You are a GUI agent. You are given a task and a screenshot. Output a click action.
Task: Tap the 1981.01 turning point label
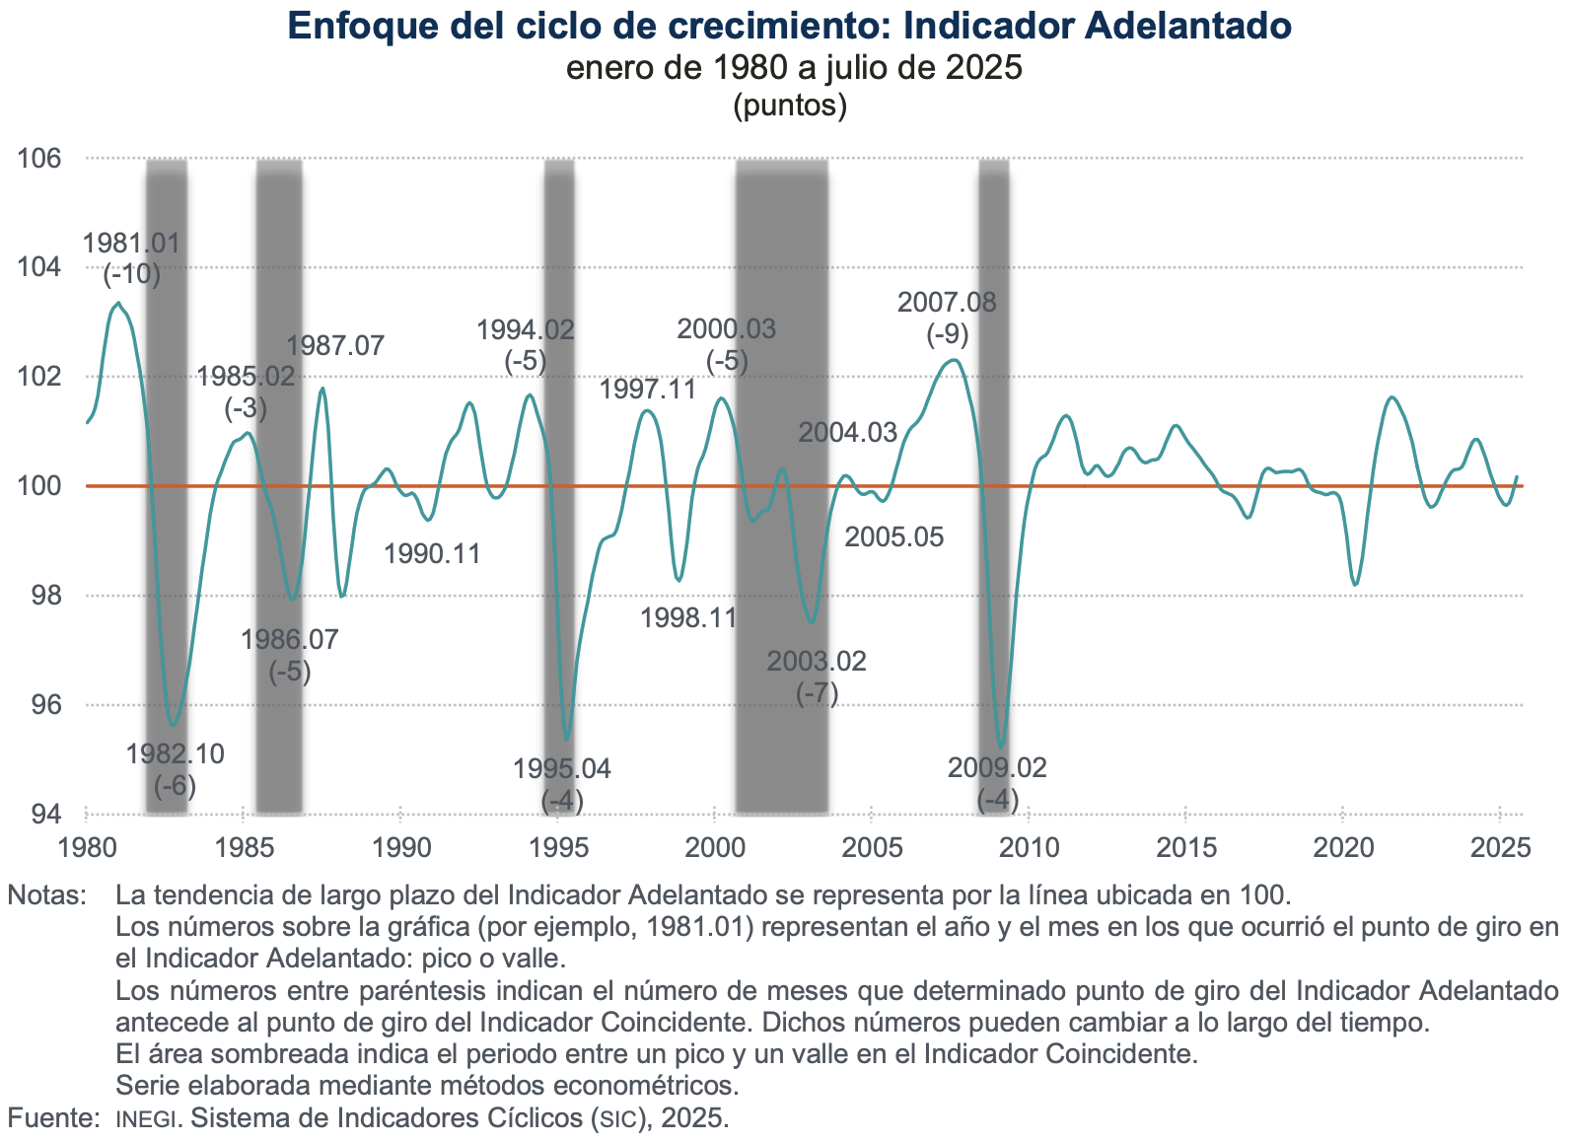click(131, 244)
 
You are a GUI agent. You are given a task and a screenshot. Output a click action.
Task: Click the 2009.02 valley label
click(997, 768)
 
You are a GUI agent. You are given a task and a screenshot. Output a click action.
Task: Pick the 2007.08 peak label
click(947, 303)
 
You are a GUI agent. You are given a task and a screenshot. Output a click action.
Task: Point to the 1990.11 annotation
click(432, 553)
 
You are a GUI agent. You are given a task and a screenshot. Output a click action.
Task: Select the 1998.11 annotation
click(688, 618)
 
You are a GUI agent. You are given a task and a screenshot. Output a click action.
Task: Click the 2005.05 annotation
click(894, 537)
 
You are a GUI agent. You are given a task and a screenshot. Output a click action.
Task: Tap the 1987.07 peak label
click(335, 346)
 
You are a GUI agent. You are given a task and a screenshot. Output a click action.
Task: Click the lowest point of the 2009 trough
click(1001, 748)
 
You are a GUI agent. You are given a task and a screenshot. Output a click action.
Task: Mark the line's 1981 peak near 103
click(118, 303)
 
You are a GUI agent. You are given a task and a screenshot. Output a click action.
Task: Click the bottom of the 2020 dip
click(1356, 586)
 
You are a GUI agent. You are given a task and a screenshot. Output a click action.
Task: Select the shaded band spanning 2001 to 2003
click(781, 483)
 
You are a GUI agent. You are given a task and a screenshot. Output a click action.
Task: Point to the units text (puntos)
click(790, 106)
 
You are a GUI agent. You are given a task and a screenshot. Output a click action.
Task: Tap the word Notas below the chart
click(46, 895)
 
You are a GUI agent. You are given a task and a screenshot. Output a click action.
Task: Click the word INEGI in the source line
click(147, 1119)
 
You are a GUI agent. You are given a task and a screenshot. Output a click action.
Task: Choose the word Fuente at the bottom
click(53, 1118)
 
